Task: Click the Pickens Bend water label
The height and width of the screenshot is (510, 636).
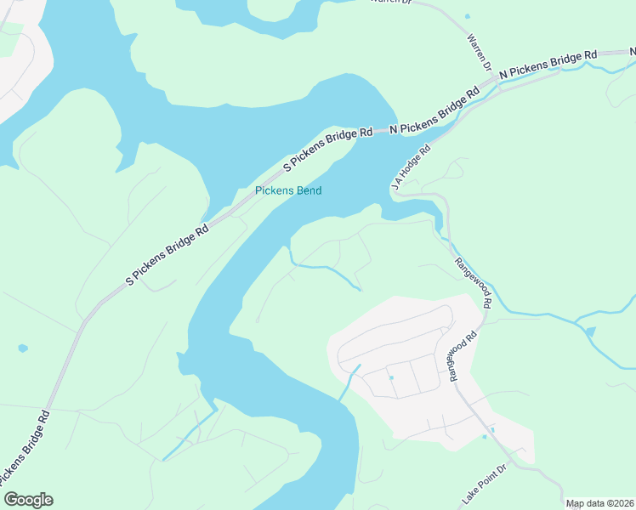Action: click(288, 190)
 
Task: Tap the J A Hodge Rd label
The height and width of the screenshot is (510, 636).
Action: click(410, 167)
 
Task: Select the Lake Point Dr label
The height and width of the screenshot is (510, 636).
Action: click(484, 482)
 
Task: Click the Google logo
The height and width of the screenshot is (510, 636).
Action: click(28, 500)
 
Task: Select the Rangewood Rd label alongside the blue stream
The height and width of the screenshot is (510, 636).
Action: click(474, 282)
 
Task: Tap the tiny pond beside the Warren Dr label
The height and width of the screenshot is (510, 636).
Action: click(467, 16)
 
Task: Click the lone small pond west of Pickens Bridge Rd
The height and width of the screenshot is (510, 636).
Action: click(22, 348)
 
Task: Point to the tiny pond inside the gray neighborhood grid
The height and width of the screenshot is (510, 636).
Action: click(391, 377)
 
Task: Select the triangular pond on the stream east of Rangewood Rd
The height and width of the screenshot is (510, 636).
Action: click(590, 331)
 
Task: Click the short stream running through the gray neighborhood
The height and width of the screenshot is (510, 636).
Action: click(349, 382)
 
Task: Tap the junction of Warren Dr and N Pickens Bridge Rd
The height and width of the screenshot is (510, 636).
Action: click(495, 81)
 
